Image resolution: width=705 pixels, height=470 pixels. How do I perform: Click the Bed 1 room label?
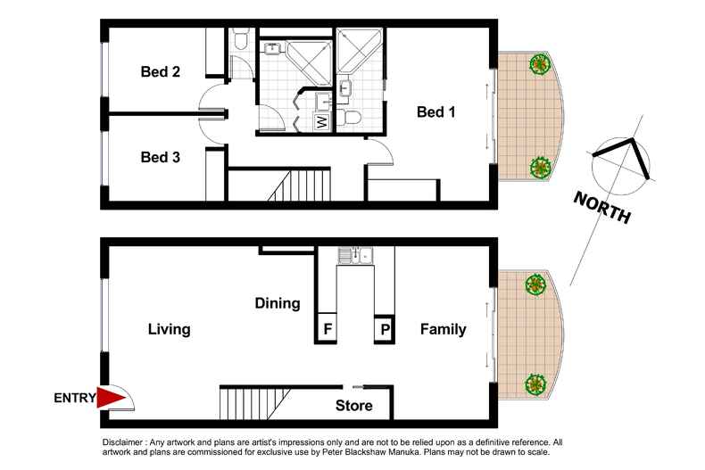click(436, 111)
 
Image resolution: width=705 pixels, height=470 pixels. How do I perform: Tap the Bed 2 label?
click(161, 72)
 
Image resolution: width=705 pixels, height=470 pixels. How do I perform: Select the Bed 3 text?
click(161, 157)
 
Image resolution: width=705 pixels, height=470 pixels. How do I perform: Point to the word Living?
click(169, 329)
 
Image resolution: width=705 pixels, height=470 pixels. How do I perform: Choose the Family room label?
click(443, 329)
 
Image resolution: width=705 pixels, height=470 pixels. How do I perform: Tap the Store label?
click(353, 407)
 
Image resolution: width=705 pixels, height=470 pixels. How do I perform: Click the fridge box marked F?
click(328, 329)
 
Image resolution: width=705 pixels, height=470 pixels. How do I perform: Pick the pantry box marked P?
click(385, 329)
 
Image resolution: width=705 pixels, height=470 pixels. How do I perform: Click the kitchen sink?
click(357, 257)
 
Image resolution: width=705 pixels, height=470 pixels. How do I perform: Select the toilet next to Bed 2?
click(239, 40)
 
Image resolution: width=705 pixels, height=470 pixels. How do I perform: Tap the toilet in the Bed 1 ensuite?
click(353, 117)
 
